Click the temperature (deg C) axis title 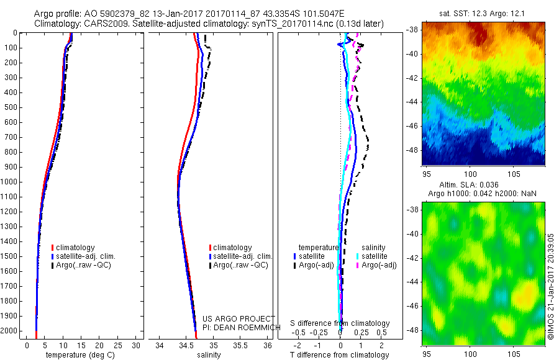point(78,355)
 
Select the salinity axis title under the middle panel point(209,355)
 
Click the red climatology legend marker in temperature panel point(53,248)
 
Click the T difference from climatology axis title point(340,355)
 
